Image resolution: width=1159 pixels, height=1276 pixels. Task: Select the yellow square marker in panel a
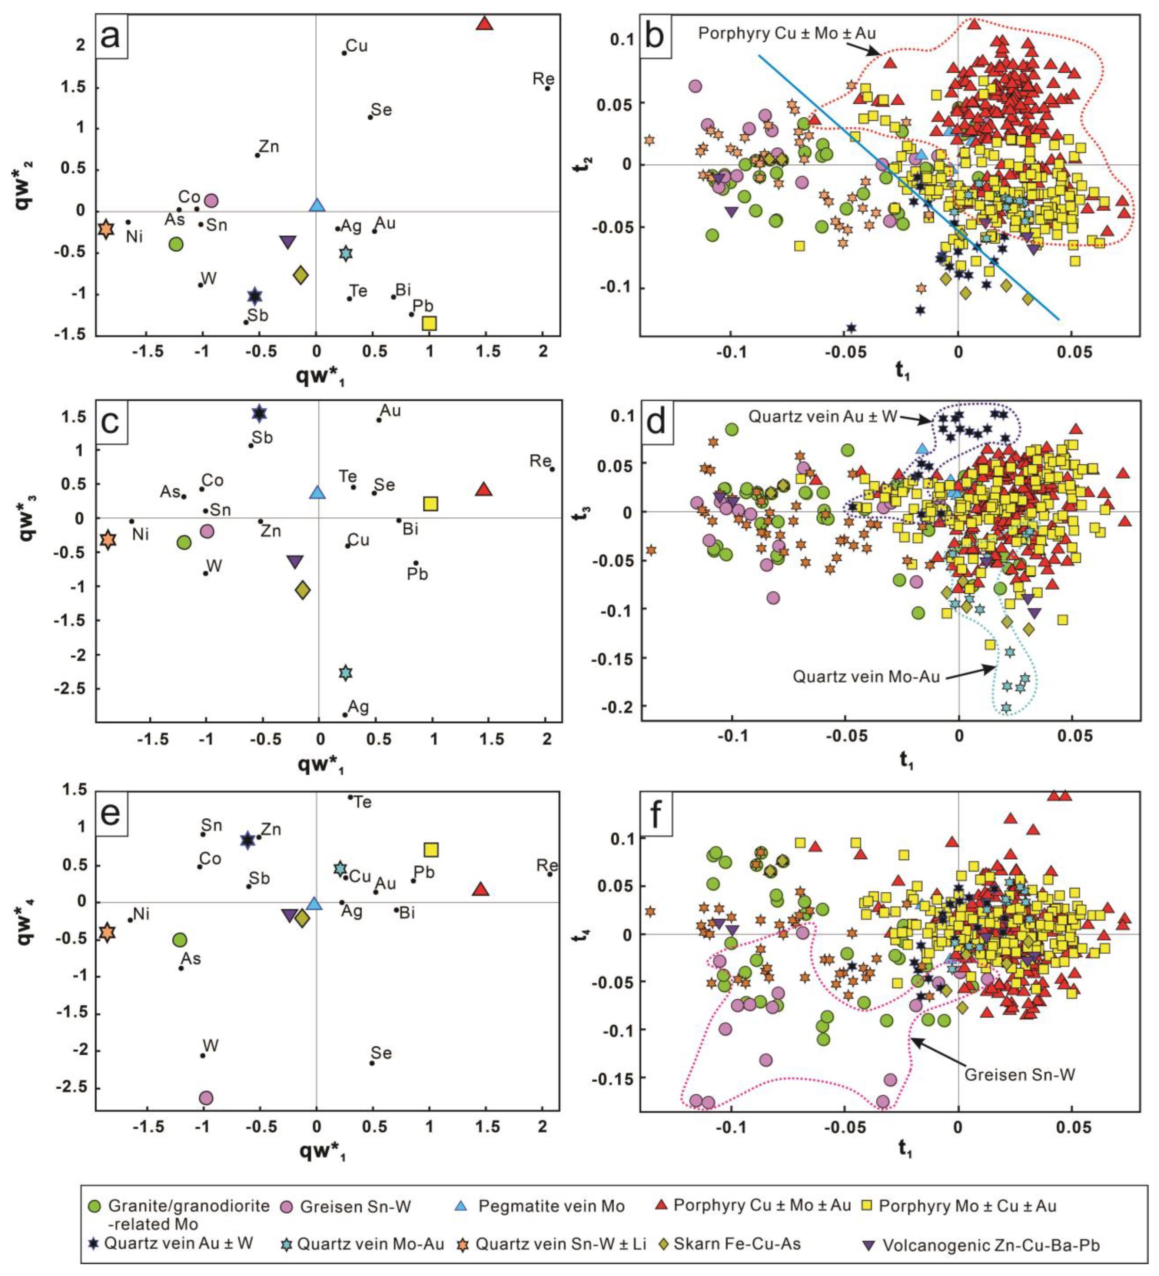pos(429,323)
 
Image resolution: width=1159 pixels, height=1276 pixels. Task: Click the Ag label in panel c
pos(358,707)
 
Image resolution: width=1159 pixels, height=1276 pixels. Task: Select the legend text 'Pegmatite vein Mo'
pos(551,1206)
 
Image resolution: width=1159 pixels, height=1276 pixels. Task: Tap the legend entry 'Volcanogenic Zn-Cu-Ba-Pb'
pos(991,1245)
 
